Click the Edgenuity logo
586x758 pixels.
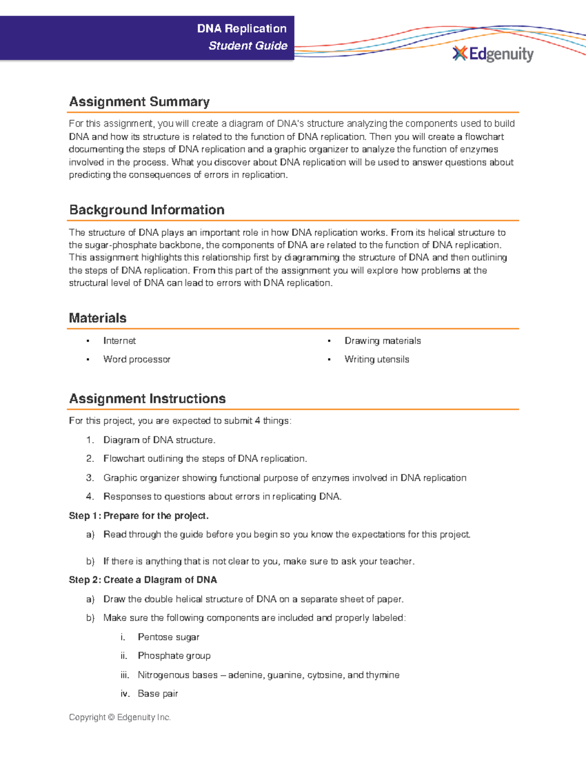click(x=493, y=54)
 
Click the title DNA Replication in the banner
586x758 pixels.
click(x=242, y=29)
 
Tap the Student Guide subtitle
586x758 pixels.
click(x=248, y=46)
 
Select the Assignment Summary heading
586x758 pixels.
click(x=139, y=102)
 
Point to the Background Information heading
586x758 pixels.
click(x=146, y=210)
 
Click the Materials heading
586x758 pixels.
click(x=98, y=318)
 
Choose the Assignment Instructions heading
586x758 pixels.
click(x=147, y=399)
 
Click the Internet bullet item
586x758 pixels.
click(x=119, y=341)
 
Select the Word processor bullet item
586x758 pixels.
click(x=137, y=359)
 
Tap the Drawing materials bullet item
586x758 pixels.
click(x=382, y=341)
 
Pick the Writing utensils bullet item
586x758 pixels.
click(x=377, y=359)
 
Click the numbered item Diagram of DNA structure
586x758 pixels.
click(x=159, y=440)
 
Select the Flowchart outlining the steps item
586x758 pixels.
click(x=205, y=459)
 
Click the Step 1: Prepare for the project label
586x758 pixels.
click(x=139, y=516)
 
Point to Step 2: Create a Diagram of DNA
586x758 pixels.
click(x=143, y=580)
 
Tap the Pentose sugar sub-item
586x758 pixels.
click(x=168, y=637)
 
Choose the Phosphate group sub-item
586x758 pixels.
click(x=174, y=656)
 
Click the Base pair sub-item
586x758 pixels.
click(x=158, y=694)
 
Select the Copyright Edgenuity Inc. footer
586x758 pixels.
click(x=120, y=717)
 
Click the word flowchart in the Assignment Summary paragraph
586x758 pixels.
click(x=484, y=137)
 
